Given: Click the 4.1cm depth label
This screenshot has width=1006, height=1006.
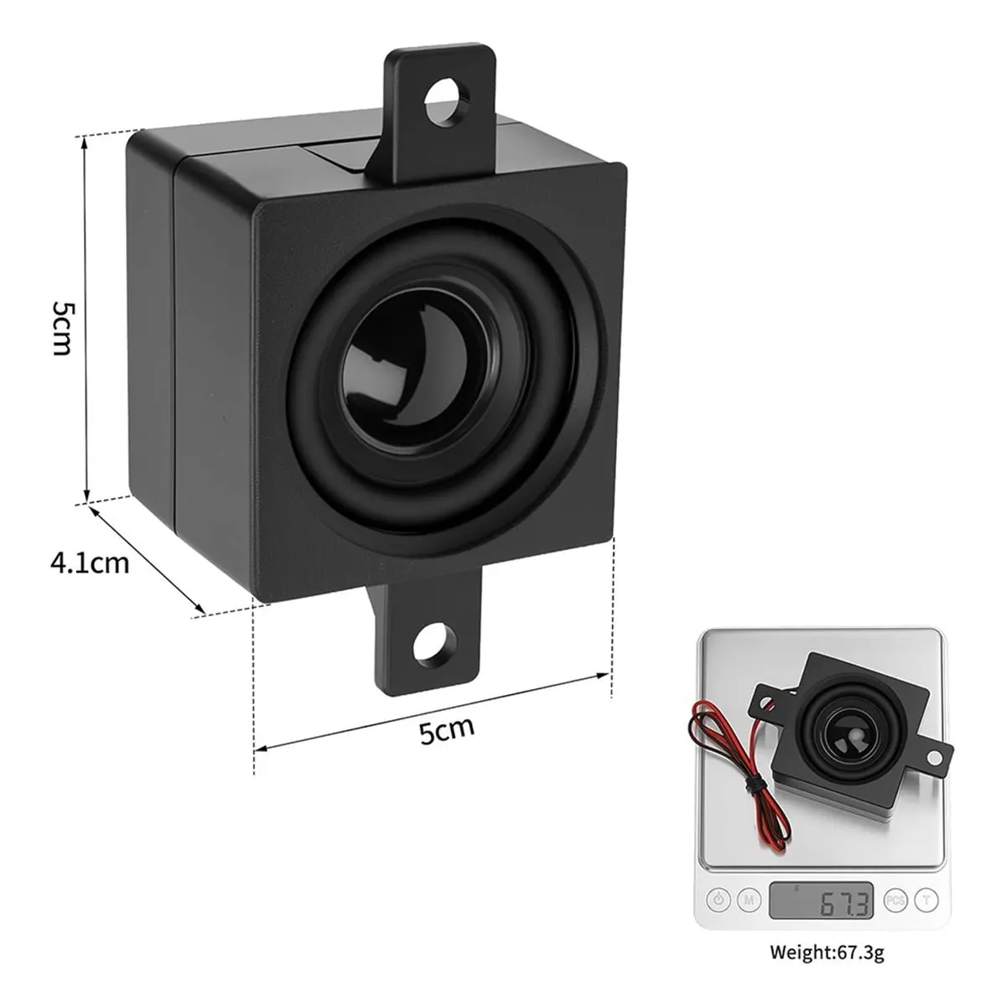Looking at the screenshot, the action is coord(90,563).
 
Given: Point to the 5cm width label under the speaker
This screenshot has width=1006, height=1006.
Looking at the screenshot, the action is coord(447,730).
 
